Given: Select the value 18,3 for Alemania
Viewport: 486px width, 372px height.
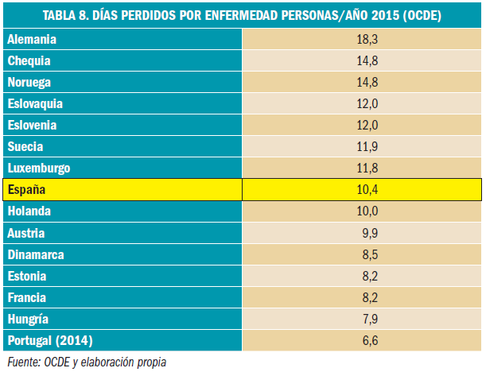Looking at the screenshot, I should pyautogui.click(x=362, y=39).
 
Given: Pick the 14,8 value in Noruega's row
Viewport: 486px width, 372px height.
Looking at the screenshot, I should pyautogui.click(x=362, y=82).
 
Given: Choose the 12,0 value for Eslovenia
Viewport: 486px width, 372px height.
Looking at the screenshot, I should pyautogui.click(x=362, y=125).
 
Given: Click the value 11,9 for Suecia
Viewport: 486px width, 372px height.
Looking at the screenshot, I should pyautogui.click(x=362, y=146).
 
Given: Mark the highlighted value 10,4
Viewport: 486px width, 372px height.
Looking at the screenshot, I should pyautogui.click(x=362, y=189).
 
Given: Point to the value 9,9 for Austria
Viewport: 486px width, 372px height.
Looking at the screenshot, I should pyautogui.click(x=362, y=233).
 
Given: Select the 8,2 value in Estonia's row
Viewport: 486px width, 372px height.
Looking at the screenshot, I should pyautogui.click(x=362, y=276).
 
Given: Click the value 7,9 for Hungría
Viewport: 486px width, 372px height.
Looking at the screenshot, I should pyautogui.click(x=362, y=320).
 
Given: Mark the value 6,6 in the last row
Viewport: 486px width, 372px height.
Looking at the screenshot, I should pyautogui.click(x=362, y=341).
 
